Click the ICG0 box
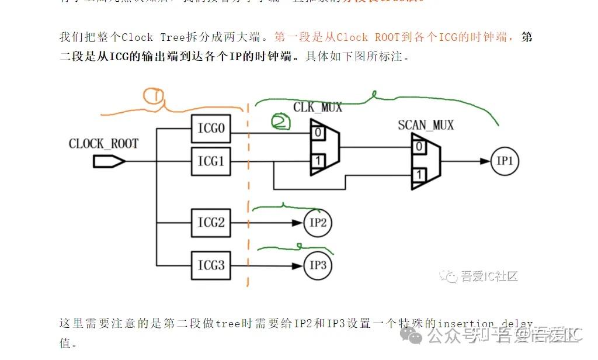pyautogui.click(x=210, y=128)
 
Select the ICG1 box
pyautogui.click(x=210, y=161)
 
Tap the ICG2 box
pyautogui.click(x=210, y=223)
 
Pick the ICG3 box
pyautogui.click(x=210, y=265)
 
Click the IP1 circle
pyautogui.click(x=504, y=162)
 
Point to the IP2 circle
pyautogui.click(x=318, y=223)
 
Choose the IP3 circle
pyautogui.click(x=318, y=266)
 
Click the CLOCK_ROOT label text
pyautogui.click(x=103, y=144)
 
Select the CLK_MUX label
pyautogui.click(x=318, y=108)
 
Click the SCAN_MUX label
pyautogui.click(x=425, y=125)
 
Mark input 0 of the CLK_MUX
pyautogui.click(x=317, y=133)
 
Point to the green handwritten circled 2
pyautogui.click(x=280, y=122)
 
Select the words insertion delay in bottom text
pyautogui.click(x=485, y=324)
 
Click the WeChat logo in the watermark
pyautogui.click(x=416, y=335)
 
